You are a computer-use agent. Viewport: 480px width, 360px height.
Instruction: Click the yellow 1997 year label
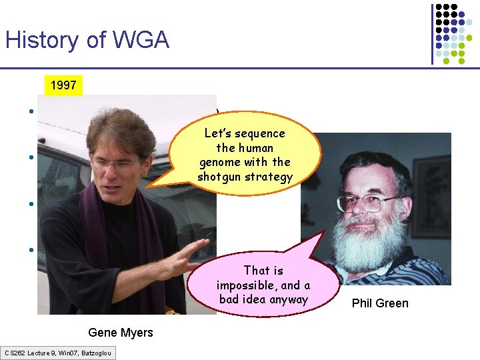(x=63, y=85)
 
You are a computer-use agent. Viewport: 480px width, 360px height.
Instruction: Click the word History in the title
(x=39, y=41)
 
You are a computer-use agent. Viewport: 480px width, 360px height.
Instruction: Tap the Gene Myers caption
(x=120, y=333)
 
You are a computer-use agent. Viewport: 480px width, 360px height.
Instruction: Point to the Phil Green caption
(x=380, y=303)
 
